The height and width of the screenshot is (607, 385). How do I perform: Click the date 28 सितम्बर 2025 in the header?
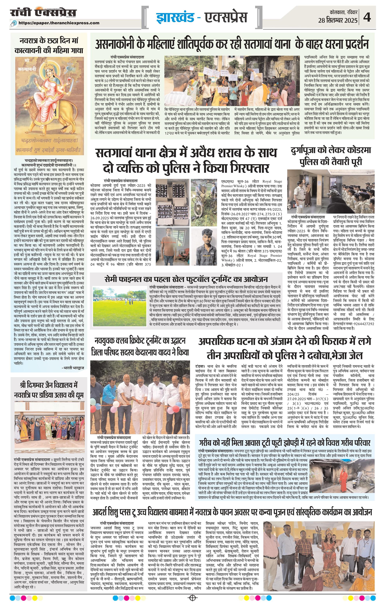click(338, 20)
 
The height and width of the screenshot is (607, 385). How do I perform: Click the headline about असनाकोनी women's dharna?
click(232, 45)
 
